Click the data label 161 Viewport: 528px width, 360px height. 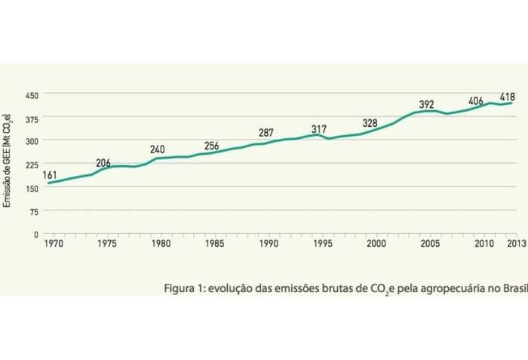[x=50, y=175]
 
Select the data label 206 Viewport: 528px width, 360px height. [x=103, y=163]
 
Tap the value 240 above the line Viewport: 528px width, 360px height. [x=157, y=149]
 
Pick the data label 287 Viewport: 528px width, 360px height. [x=266, y=133]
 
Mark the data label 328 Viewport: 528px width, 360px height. [x=370, y=123]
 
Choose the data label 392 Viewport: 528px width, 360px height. [x=427, y=105]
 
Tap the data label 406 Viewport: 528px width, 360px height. [x=476, y=100]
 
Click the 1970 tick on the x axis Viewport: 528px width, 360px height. [x=53, y=245]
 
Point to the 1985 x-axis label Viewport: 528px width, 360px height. [x=214, y=245]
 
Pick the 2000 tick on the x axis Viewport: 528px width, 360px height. [x=376, y=245]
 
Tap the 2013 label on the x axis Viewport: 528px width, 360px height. [x=516, y=245]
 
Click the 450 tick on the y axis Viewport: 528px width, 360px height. [x=31, y=95]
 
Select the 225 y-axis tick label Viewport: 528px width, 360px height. [x=31, y=165]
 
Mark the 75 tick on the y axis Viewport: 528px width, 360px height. [x=33, y=211]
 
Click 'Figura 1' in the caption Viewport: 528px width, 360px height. [x=185, y=288]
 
